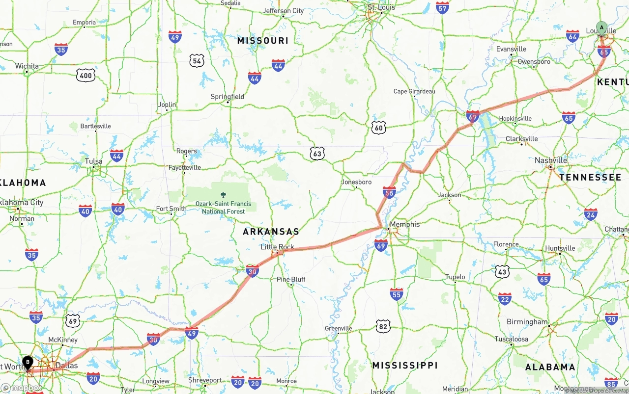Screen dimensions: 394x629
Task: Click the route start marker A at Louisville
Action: coord(601,28)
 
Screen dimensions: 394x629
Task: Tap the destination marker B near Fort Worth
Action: coord(28,363)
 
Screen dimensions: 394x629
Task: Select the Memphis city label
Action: coord(405,224)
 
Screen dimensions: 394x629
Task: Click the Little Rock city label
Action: coord(277,247)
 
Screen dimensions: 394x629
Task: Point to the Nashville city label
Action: coord(551,160)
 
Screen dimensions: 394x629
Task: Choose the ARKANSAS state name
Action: coord(271,232)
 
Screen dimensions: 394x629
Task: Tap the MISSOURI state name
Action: coord(263,41)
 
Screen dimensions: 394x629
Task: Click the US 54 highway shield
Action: coord(197,60)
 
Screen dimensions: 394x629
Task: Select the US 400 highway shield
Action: coord(86,75)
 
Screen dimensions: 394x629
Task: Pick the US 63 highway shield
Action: coord(317,154)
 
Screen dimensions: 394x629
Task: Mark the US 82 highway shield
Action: coord(383,326)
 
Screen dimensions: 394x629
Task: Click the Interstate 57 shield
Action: coord(442,8)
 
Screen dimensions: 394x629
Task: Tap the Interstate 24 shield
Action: coord(591,214)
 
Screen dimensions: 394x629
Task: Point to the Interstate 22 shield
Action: coord(505,299)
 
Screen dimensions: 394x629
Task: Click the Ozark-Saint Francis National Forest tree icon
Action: coord(224,195)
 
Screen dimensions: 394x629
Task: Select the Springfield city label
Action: coord(228,97)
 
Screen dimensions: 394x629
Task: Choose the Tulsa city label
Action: coord(93,161)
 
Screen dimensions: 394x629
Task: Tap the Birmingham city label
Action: coord(527,322)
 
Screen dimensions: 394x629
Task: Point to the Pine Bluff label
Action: coord(291,279)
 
